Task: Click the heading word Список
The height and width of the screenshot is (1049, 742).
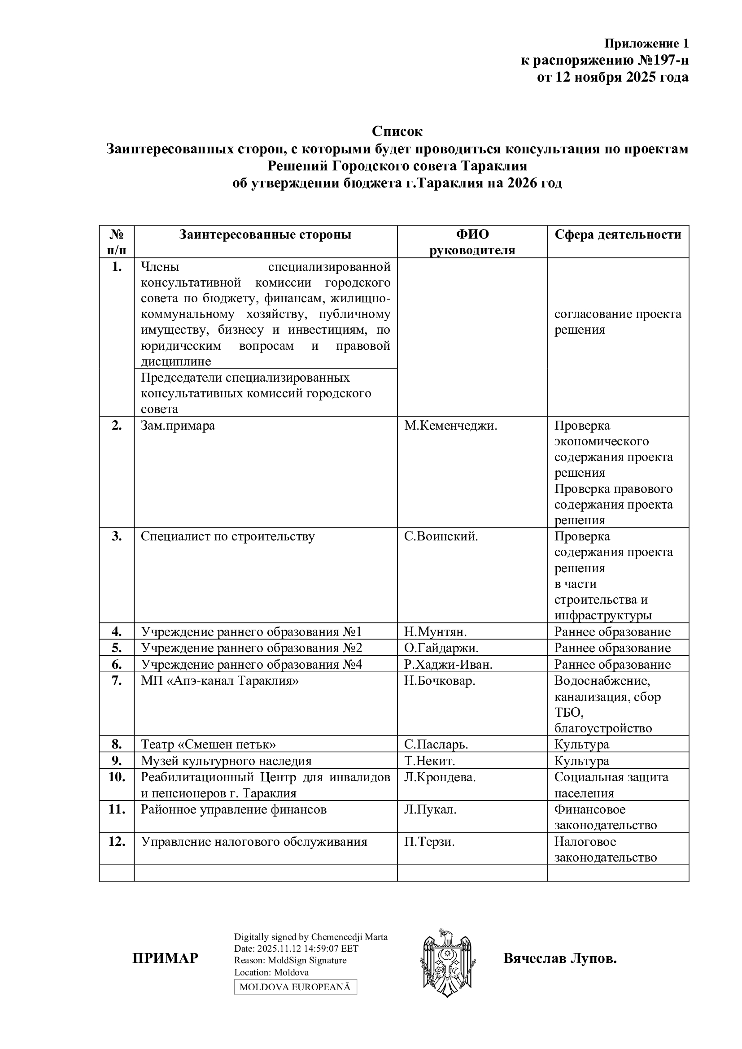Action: point(397,131)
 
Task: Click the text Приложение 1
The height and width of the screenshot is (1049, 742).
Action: point(646,44)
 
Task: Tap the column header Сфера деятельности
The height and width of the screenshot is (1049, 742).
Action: point(618,235)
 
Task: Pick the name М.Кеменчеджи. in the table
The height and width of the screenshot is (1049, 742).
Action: point(450,426)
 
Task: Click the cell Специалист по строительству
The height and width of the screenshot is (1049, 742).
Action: point(227,536)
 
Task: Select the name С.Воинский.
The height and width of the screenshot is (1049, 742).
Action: point(441,536)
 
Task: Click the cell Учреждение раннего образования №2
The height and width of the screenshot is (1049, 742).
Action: point(251,648)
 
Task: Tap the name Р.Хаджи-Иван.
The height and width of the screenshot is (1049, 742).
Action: point(448,664)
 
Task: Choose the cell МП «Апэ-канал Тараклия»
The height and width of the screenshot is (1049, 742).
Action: point(219,681)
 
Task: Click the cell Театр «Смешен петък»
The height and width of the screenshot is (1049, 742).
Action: point(208,744)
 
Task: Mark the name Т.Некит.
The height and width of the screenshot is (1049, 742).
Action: point(429,761)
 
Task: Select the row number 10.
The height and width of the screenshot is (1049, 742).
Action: point(117,777)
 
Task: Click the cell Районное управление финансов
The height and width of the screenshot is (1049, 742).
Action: point(233,810)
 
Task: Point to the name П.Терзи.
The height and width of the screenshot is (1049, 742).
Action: point(429,841)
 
